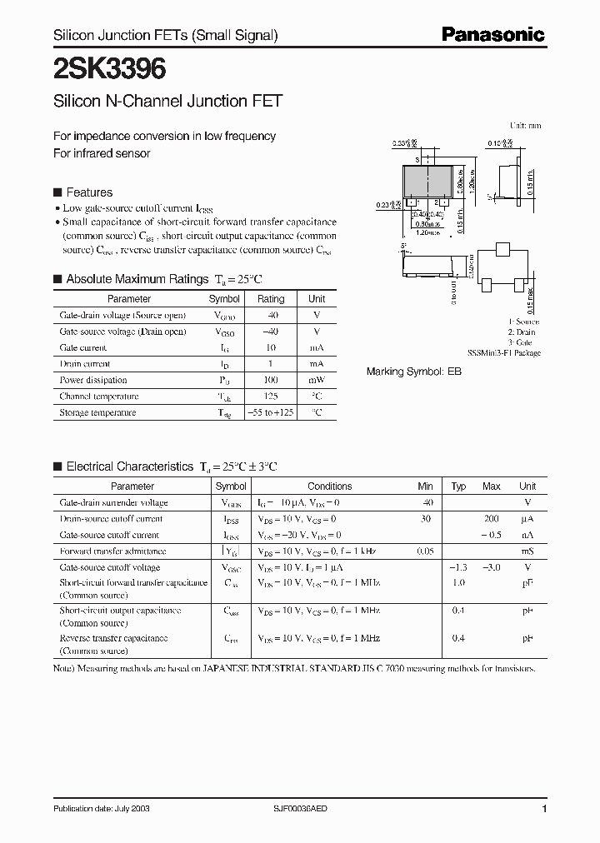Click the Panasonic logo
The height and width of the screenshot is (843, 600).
[x=492, y=35]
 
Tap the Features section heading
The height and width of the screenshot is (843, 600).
[x=89, y=192]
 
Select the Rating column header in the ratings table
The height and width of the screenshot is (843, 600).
[x=271, y=299]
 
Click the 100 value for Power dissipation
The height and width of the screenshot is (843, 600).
[x=271, y=380]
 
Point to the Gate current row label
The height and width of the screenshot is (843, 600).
[x=83, y=347]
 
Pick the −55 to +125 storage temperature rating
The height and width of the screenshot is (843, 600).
[x=271, y=412]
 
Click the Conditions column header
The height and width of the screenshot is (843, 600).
[x=329, y=486]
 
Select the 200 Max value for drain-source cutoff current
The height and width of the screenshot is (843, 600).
[x=492, y=519]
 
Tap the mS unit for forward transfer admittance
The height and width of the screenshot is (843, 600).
[x=527, y=551]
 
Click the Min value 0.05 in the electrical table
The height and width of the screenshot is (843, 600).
[x=425, y=551]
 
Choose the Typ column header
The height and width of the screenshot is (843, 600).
[x=458, y=486]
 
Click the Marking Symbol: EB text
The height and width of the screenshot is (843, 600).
[x=414, y=372]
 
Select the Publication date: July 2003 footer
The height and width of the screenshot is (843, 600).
[x=101, y=809]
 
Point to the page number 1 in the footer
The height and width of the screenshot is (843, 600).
[x=544, y=809]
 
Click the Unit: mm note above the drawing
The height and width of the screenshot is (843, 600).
[x=525, y=125]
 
